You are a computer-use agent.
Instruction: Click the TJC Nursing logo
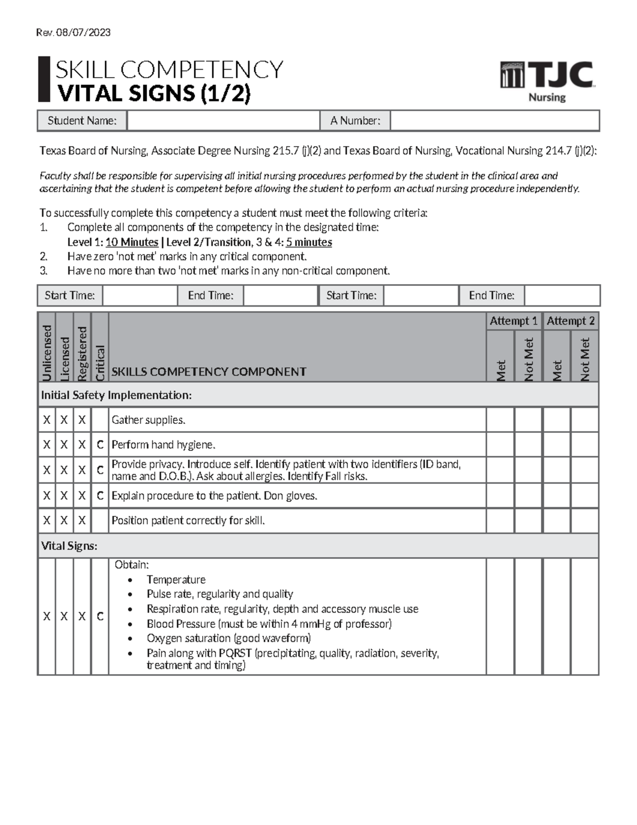pyautogui.click(x=547, y=81)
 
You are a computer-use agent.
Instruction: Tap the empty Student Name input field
pyautogui.click(x=223, y=121)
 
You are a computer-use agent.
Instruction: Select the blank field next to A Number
pyautogui.click(x=494, y=121)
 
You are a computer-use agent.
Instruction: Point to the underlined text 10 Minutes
pyautogui.click(x=132, y=242)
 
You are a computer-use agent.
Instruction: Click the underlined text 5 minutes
pyautogui.click(x=308, y=242)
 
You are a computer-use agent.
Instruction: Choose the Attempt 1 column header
pyautogui.click(x=513, y=321)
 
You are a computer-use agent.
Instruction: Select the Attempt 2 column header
pyautogui.click(x=570, y=321)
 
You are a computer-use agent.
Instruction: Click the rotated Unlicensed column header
pyautogui.click(x=47, y=353)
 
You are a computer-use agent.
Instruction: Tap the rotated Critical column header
pyautogui.click(x=100, y=362)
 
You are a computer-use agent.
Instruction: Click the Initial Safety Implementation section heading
pyautogui.click(x=116, y=395)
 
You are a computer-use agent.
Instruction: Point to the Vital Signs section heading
pyautogui.click(x=69, y=546)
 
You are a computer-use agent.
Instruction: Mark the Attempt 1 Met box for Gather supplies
pyautogui.click(x=500, y=420)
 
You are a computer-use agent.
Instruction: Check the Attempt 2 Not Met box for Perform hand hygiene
pyautogui.click(x=584, y=445)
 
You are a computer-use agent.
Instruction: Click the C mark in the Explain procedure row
pyautogui.click(x=100, y=496)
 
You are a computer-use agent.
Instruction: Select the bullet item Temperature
pyautogui.click(x=176, y=580)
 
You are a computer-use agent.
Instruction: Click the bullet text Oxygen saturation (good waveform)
pyautogui.click(x=228, y=638)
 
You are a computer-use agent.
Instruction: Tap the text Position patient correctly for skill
pyautogui.click(x=188, y=521)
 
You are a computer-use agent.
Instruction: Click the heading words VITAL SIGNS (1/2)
pyautogui.click(x=154, y=93)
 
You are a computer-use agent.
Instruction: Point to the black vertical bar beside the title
pyautogui.click(x=44, y=79)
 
